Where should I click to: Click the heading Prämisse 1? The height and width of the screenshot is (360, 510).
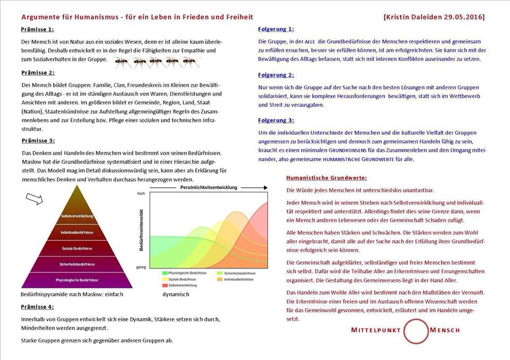(37, 29)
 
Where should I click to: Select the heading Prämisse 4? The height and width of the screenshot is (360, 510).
(37, 307)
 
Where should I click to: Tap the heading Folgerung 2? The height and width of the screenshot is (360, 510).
(276, 75)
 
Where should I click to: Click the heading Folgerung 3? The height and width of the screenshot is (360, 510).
(276, 120)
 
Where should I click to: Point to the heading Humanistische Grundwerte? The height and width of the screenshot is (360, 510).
(326, 177)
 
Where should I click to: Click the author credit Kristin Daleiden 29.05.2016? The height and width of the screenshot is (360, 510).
(433, 17)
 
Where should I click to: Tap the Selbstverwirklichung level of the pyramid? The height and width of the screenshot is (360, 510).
(77, 216)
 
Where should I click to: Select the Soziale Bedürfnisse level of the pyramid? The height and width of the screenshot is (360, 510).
(77, 247)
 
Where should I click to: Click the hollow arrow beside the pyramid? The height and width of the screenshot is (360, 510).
(34, 198)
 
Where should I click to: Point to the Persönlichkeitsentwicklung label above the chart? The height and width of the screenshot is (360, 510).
(209, 188)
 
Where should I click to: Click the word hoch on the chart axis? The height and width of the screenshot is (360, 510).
(141, 194)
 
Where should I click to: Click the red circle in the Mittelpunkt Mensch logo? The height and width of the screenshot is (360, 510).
(415, 330)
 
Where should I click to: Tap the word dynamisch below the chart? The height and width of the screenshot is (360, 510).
(176, 294)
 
